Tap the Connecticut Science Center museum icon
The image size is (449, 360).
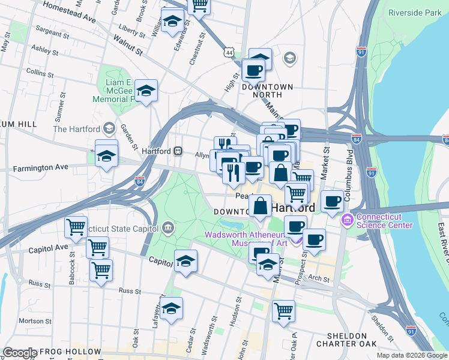346,221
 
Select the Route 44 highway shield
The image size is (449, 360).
229,53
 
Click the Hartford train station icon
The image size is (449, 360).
178,151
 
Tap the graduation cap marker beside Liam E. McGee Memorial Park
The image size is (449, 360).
146,91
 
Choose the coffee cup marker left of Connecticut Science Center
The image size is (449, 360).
331,201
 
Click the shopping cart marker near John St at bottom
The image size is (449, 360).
283,311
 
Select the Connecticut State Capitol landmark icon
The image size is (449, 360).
167,227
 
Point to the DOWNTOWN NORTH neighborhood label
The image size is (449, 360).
267,91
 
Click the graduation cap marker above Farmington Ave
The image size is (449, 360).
106,155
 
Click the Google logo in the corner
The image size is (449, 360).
20,353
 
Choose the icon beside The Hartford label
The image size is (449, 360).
109,128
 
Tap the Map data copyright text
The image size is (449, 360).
411,355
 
